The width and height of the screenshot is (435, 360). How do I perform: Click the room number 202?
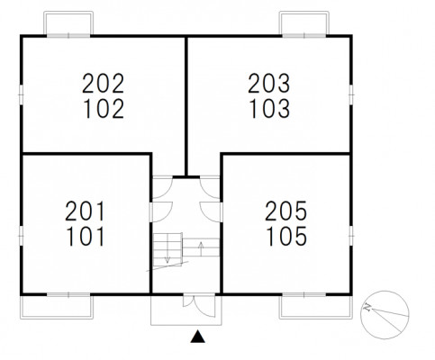[x=104, y=83]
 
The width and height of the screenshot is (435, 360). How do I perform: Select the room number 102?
[x=104, y=109]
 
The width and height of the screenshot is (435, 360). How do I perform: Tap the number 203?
[x=269, y=83]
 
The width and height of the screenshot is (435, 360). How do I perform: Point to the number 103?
[x=269, y=109]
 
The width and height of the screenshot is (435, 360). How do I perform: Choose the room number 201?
[x=85, y=211]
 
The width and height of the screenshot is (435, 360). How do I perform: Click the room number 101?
[x=86, y=237]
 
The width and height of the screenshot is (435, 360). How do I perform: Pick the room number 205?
[x=285, y=211]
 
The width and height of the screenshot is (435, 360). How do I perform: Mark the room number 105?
[x=286, y=237]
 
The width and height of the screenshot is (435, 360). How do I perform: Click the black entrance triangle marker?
[x=198, y=337]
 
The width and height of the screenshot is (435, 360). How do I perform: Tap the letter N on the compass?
[x=367, y=308]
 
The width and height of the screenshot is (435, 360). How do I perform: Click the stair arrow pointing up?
[x=201, y=247]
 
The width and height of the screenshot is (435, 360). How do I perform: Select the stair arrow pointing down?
[x=168, y=255]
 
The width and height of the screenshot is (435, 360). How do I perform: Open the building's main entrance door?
[x=199, y=306]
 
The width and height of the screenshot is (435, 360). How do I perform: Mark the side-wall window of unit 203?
[x=351, y=94]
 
